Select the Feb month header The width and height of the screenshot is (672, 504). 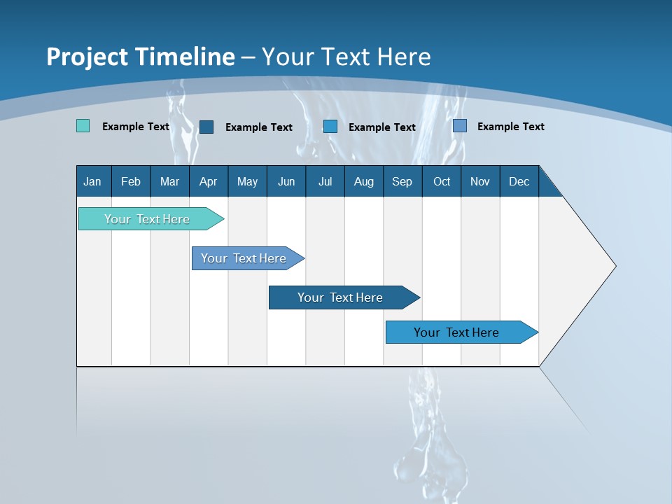pos(131,181)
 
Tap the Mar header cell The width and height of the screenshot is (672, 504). pos(169,181)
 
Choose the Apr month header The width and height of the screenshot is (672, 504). pos(209,181)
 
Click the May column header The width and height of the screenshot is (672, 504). pos(247,181)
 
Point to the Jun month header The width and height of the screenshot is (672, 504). pos(286,181)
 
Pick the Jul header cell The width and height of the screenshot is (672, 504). pos(325,181)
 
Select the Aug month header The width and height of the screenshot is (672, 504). pos(364,181)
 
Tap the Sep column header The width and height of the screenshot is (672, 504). pos(402,181)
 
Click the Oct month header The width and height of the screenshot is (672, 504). pos(442,181)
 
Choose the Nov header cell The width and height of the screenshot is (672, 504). pos(480,181)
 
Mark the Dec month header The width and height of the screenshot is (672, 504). pos(519,181)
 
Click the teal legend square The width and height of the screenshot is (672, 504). pos(83,126)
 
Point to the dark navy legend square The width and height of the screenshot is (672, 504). pos(206,127)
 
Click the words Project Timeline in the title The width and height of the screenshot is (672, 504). pos(141,57)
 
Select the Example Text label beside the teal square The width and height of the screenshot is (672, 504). pos(136,127)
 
